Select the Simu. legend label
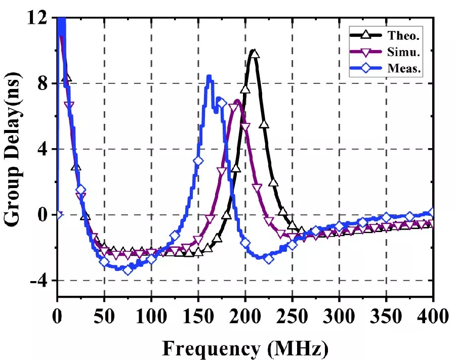[x=405, y=52]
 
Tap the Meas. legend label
[x=406, y=69]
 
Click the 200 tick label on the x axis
[x=245, y=317]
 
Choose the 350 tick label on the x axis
[x=386, y=317]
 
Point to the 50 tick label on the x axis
[x=104, y=317]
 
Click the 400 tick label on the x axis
[x=433, y=317]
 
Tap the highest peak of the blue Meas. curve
[x=209, y=76]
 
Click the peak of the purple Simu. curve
[x=236, y=101]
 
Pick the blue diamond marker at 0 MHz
[x=58, y=214]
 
